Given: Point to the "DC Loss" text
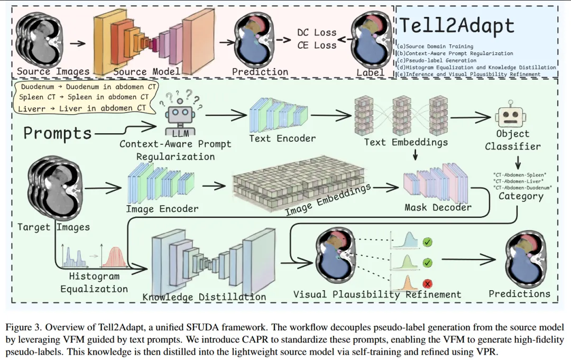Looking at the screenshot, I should pyautogui.click(x=317, y=33).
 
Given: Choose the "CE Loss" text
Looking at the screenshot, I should pyautogui.click(x=317, y=45).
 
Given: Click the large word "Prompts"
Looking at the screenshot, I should pyautogui.click(x=57, y=133).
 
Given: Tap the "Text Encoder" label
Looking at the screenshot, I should pyautogui.click(x=282, y=139).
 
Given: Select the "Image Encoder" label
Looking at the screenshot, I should pyautogui.click(x=162, y=209).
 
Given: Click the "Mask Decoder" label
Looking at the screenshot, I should pyautogui.click(x=438, y=207).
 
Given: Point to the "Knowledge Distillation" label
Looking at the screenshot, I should pyautogui.click(x=204, y=297).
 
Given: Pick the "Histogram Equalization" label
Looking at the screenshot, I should pyautogui.click(x=94, y=283).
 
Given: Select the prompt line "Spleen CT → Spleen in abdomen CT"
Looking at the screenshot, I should pyautogui.click(x=84, y=97).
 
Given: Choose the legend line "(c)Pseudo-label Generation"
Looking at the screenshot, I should pyautogui.click(x=437, y=60).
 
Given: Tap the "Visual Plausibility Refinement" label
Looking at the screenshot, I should pyautogui.click(x=377, y=294).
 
